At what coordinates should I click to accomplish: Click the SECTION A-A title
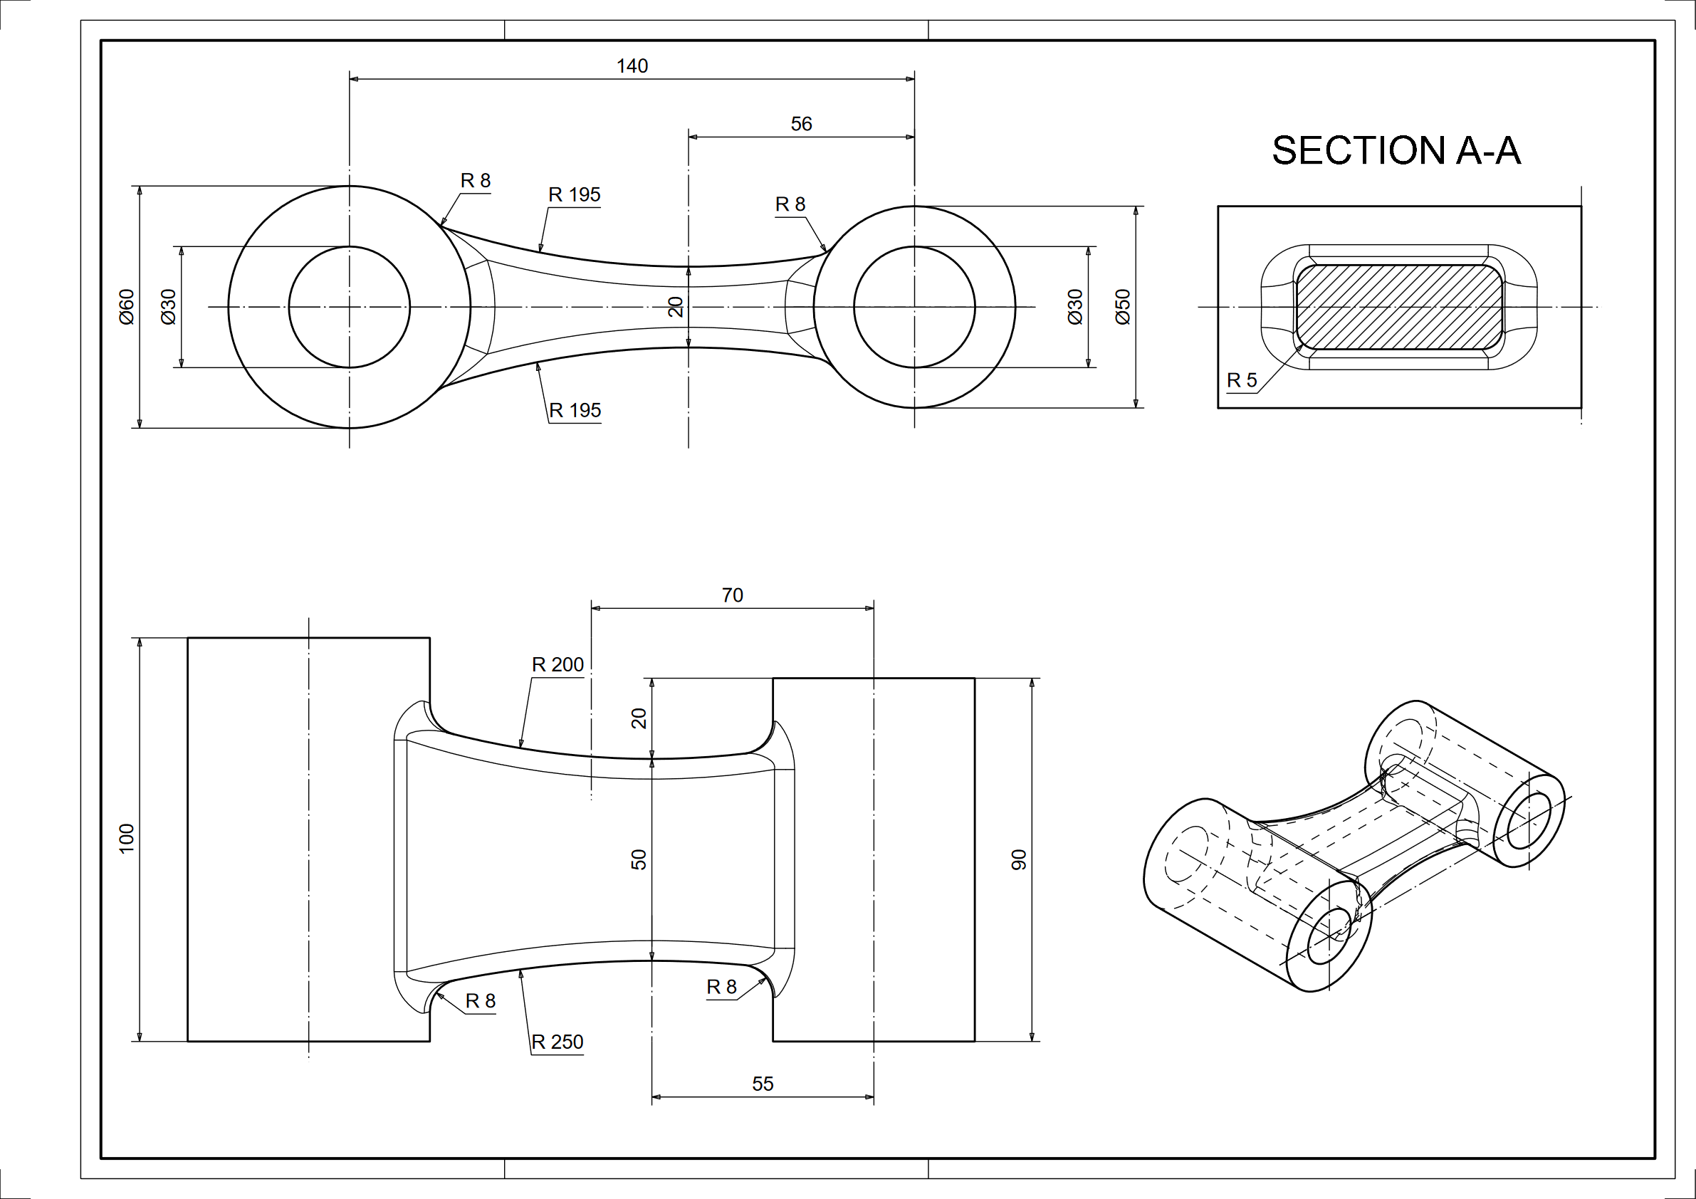[x=1396, y=151]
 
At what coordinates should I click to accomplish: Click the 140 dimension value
[x=632, y=66]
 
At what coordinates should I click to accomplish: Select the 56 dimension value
[x=801, y=124]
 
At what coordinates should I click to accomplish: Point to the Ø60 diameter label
[x=127, y=307]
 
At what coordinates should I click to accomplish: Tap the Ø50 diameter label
[x=1122, y=307]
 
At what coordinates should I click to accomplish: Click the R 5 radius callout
[x=1241, y=380]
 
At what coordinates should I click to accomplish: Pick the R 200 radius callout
[x=558, y=665]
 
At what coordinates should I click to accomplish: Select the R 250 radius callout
[x=557, y=1042]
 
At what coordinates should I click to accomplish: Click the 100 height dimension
[x=127, y=839]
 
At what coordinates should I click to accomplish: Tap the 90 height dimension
[x=1019, y=859]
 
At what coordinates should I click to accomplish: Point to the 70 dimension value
[x=732, y=595]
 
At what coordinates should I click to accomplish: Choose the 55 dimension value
[x=763, y=1084]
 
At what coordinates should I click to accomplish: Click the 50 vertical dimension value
[x=639, y=859]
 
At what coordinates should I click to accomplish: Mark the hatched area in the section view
[x=1399, y=307]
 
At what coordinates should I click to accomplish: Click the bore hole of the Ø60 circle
[x=349, y=307]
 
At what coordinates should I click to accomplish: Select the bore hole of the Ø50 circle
[x=914, y=307]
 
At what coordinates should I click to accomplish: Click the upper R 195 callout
[x=574, y=195]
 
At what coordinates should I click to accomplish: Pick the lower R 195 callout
[x=575, y=411]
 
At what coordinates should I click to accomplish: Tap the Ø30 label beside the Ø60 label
[x=169, y=307]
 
